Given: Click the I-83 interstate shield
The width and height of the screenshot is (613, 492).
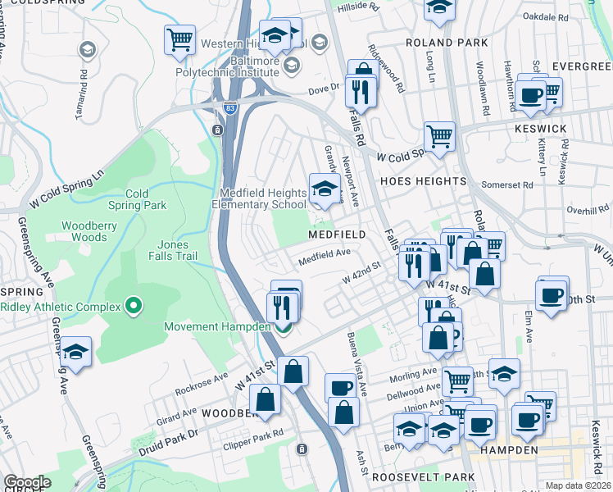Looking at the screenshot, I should pyautogui.click(x=231, y=107).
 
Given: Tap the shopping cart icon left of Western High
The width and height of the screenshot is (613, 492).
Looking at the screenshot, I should pyautogui.click(x=179, y=39).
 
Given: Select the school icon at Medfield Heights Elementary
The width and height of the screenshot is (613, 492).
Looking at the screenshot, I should pyautogui.click(x=324, y=189).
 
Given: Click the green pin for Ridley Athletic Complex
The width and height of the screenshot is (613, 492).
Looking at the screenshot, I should pyautogui.click(x=134, y=307).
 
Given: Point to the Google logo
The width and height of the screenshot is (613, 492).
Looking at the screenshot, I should pyautogui.click(x=27, y=482).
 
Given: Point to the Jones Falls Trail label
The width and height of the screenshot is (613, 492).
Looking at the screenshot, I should pyautogui.click(x=173, y=250).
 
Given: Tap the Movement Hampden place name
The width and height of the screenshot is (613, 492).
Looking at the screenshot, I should pyautogui.click(x=217, y=326).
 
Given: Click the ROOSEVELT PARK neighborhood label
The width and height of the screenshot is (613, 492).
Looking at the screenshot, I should pyautogui.click(x=423, y=476).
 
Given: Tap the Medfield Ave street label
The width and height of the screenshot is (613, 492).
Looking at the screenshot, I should pyautogui.click(x=324, y=257).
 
